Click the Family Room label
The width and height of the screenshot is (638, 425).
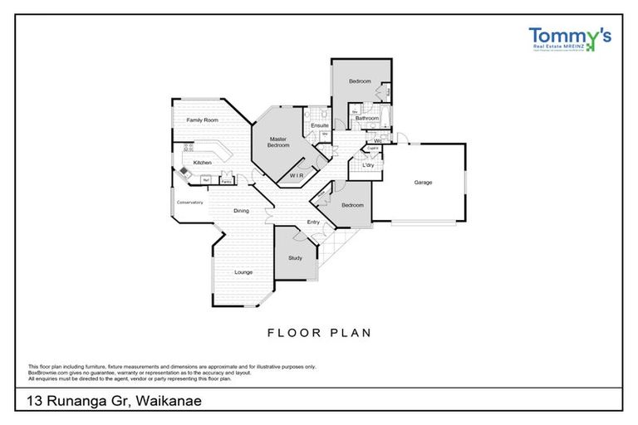202,121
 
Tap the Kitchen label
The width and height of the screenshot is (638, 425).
203,163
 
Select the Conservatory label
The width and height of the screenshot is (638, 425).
189,203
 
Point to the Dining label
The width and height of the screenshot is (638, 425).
241,211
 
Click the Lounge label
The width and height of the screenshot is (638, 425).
243,272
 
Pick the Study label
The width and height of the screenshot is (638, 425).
295,258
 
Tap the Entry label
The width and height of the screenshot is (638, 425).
313,222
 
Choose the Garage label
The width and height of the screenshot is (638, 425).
423,183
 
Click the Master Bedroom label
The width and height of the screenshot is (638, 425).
278,142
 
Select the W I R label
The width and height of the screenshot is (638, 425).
297,176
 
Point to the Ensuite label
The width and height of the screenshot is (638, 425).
320,125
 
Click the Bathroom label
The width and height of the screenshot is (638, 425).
367,119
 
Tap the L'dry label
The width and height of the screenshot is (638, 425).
368,165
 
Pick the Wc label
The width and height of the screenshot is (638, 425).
377,140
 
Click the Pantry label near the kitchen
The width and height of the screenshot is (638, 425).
226,179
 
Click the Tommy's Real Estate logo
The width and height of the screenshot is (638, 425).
569,40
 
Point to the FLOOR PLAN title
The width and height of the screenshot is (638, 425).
318,333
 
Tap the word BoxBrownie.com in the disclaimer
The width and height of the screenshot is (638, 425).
48,373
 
